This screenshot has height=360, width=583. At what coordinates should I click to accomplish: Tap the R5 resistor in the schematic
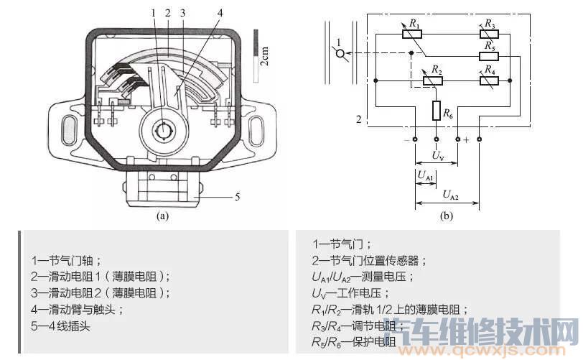(x=490, y=55)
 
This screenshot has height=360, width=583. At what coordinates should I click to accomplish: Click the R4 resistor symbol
(x=490, y=80)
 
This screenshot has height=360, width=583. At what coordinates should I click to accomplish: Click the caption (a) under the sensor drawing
(x=162, y=214)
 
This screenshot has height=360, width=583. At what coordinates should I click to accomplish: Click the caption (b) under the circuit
(x=446, y=214)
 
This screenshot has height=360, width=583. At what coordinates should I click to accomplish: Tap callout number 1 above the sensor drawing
(x=154, y=12)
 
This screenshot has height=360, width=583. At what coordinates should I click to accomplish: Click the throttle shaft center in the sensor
(x=164, y=131)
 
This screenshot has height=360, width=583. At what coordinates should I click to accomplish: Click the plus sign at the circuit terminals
(x=467, y=139)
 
